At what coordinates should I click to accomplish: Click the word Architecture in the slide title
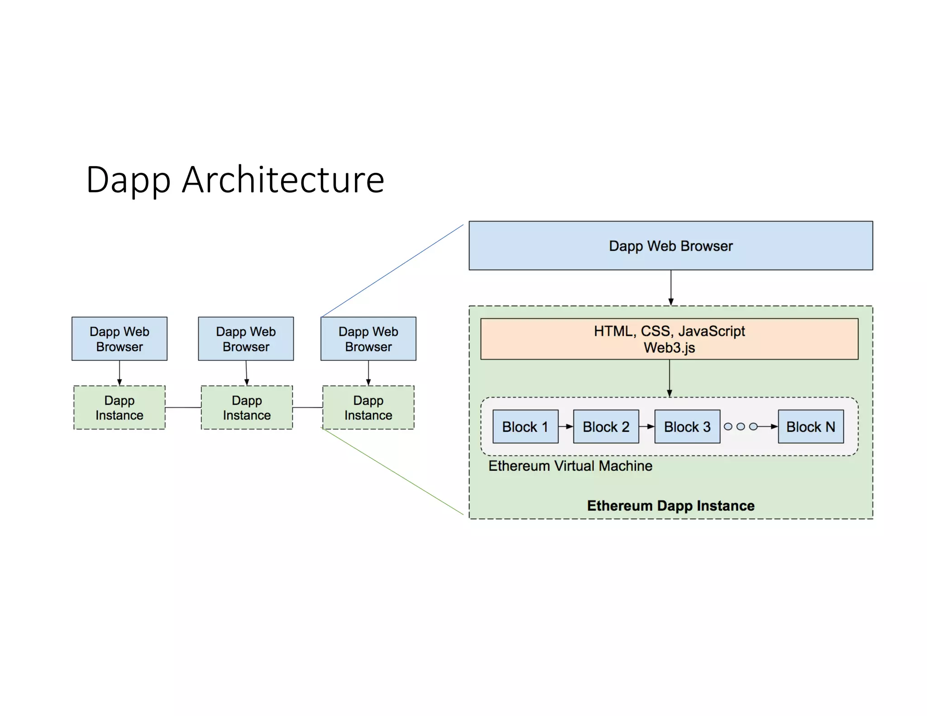[283, 180]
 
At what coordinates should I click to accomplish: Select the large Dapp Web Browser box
[670, 246]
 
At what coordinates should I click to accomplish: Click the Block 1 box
[525, 426]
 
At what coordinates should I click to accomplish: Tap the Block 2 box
[606, 426]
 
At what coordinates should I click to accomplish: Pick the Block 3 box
[687, 426]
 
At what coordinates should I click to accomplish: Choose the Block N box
[810, 426]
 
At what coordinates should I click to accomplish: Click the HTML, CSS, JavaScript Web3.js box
[669, 339]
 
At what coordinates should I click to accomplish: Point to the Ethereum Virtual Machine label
[570, 466]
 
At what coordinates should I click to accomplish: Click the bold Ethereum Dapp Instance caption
[670, 506]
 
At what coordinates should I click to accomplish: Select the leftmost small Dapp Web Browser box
[119, 339]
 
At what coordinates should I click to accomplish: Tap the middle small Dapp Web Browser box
[246, 339]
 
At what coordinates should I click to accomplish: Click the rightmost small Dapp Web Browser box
[368, 339]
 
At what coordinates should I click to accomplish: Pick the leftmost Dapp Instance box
[119, 407]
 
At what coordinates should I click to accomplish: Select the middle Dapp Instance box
[247, 407]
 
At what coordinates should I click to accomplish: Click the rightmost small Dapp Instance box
[368, 407]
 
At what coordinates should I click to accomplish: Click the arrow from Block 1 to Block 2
[565, 426]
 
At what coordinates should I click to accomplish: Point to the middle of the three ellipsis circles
[741, 426]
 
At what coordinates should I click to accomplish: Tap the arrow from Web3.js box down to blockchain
[669, 378]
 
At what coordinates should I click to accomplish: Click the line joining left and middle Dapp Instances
[183, 407]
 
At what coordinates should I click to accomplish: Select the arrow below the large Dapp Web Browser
[671, 287]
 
